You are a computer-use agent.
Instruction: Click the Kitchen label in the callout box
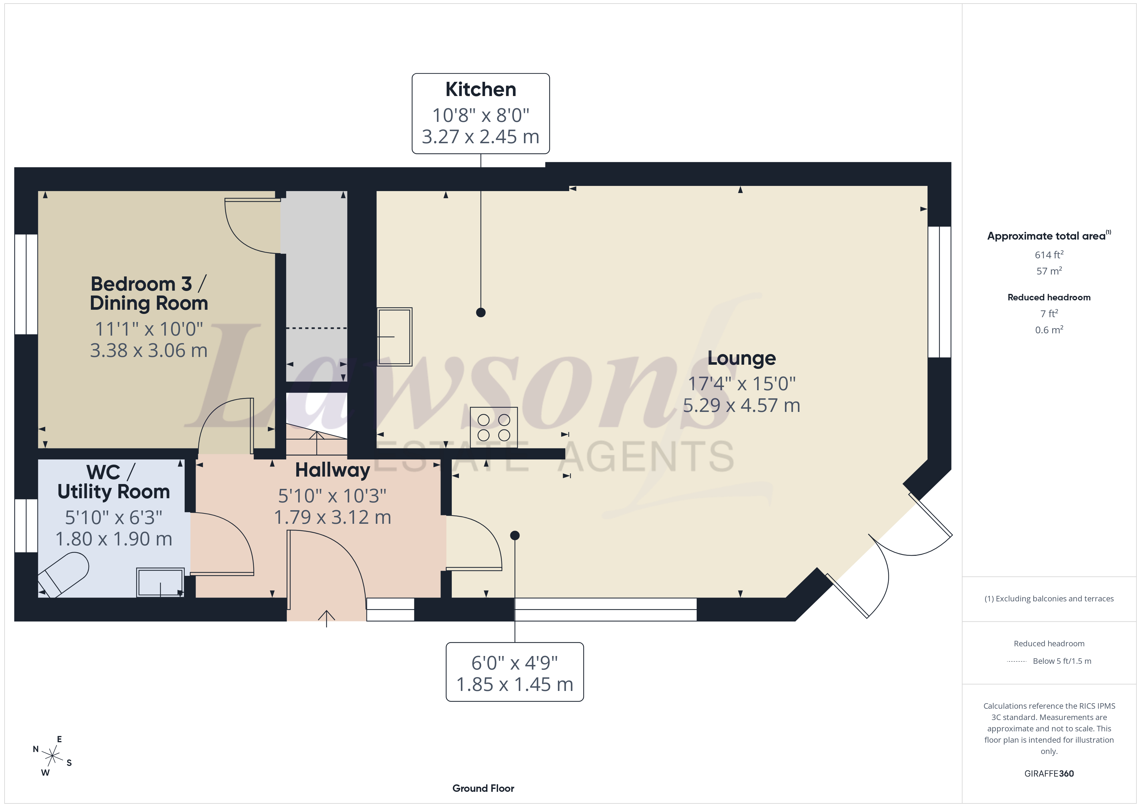click(x=481, y=90)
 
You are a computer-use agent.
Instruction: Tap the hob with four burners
click(x=494, y=427)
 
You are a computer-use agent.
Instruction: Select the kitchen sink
click(x=395, y=337)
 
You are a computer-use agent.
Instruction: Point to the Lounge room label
click(x=742, y=358)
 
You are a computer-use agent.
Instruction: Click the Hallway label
click(x=332, y=470)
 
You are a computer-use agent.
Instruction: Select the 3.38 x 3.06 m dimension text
click(x=148, y=350)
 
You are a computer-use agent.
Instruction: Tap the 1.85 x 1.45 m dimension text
click(x=515, y=684)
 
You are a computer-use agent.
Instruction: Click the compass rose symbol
click(x=52, y=756)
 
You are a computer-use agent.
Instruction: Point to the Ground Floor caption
click(x=483, y=788)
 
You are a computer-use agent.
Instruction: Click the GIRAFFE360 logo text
click(x=1049, y=774)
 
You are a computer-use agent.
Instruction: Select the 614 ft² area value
click(x=1049, y=254)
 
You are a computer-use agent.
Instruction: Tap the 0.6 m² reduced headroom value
click(x=1049, y=329)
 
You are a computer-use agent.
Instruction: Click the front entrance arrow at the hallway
click(x=327, y=619)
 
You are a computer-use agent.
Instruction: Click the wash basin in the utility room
click(x=160, y=582)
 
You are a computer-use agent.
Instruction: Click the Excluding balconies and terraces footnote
click(x=1049, y=599)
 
